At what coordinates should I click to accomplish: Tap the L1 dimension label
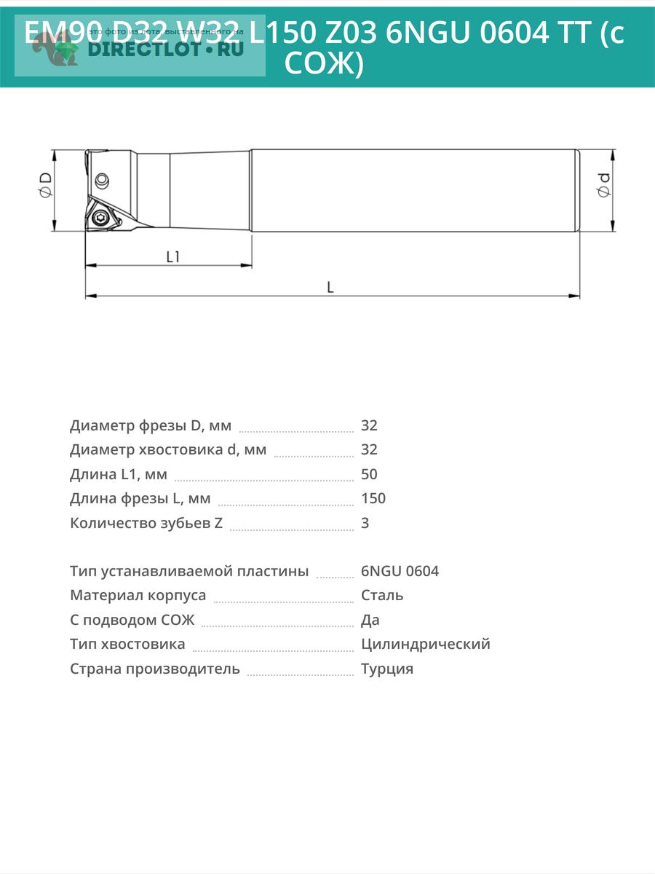[173, 256]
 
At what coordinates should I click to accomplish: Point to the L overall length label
[330, 287]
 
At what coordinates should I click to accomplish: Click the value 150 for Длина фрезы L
[373, 499]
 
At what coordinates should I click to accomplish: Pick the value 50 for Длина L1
[369, 474]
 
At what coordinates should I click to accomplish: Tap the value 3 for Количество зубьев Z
[365, 523]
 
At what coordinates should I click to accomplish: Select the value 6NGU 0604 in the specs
[400, 571]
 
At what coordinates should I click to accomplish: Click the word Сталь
[382, 596]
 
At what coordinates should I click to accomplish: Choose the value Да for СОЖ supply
[370, 620]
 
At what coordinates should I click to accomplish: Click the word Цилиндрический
[426, 644]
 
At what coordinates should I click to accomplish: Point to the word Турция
[387, 669]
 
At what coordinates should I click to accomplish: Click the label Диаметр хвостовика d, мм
[168, 449]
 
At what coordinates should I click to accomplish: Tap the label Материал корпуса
[138, 596]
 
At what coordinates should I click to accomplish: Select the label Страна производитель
[155, 669]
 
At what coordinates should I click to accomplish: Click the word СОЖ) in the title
[323, 64]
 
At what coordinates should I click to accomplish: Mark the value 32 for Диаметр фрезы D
[369, 425]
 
